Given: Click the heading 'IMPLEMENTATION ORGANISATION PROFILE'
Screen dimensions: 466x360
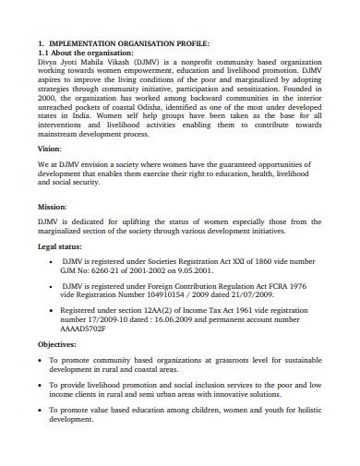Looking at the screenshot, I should click(x=129, y=43).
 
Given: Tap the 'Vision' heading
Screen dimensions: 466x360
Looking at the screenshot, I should click(x=50, y=148).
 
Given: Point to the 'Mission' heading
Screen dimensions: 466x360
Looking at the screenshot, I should click(x=53, y=207).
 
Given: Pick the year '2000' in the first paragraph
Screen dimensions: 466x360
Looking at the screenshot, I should click(x=47, y=98).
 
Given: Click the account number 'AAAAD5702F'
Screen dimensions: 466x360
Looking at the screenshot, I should click(x=86, y=330).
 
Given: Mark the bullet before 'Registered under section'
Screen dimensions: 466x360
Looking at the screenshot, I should click(x=49, y=312).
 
